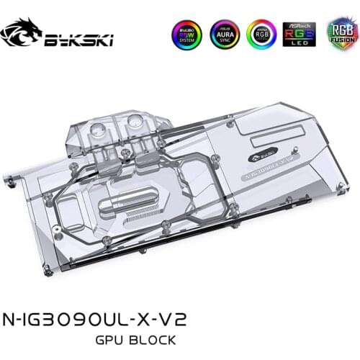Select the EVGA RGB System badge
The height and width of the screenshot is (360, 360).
[185, 34]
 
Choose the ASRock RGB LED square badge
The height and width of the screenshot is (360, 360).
[298, 34]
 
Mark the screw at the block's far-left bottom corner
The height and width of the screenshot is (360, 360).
[47, 271]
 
